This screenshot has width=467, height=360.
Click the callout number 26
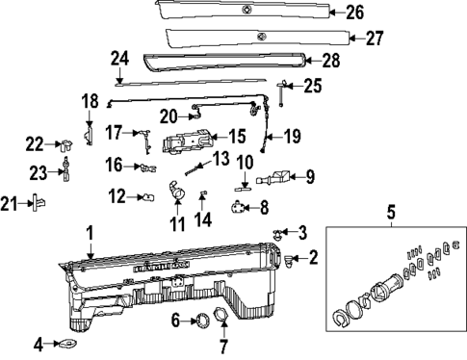(355, 13)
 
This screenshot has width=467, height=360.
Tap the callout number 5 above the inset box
(389, 211)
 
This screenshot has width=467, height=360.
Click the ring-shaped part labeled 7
(221, 320)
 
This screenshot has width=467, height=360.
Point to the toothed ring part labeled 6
(202, 320)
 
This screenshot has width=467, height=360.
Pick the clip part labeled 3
(278, 233)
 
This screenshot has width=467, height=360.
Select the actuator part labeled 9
(276, 178)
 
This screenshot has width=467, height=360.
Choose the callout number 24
(119, 59)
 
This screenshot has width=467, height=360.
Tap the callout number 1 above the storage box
(90, 233)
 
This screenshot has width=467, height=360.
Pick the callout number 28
(329, 61)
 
